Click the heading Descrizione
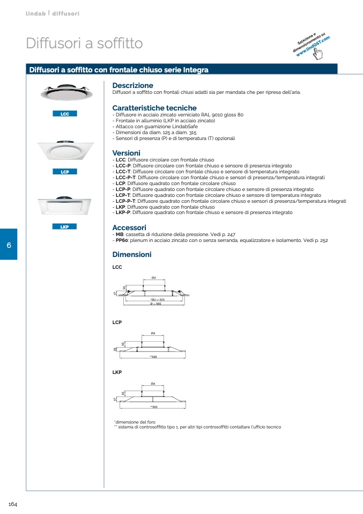click(132, 86)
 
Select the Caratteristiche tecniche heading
click(154, 108)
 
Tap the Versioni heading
click(126, 153)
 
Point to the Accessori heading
click(129, 228)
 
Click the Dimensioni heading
click(132, 255)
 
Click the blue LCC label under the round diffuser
click(65, 114)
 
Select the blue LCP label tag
click(65, 172)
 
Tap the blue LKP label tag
click(65, 227)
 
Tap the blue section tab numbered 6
click(9, 245)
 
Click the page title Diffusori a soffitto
click(84, 43)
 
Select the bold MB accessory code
click(120, 235)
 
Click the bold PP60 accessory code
click(121, 241)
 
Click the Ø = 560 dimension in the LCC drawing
click(155, 304)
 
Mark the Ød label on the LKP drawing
click(153, 384)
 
